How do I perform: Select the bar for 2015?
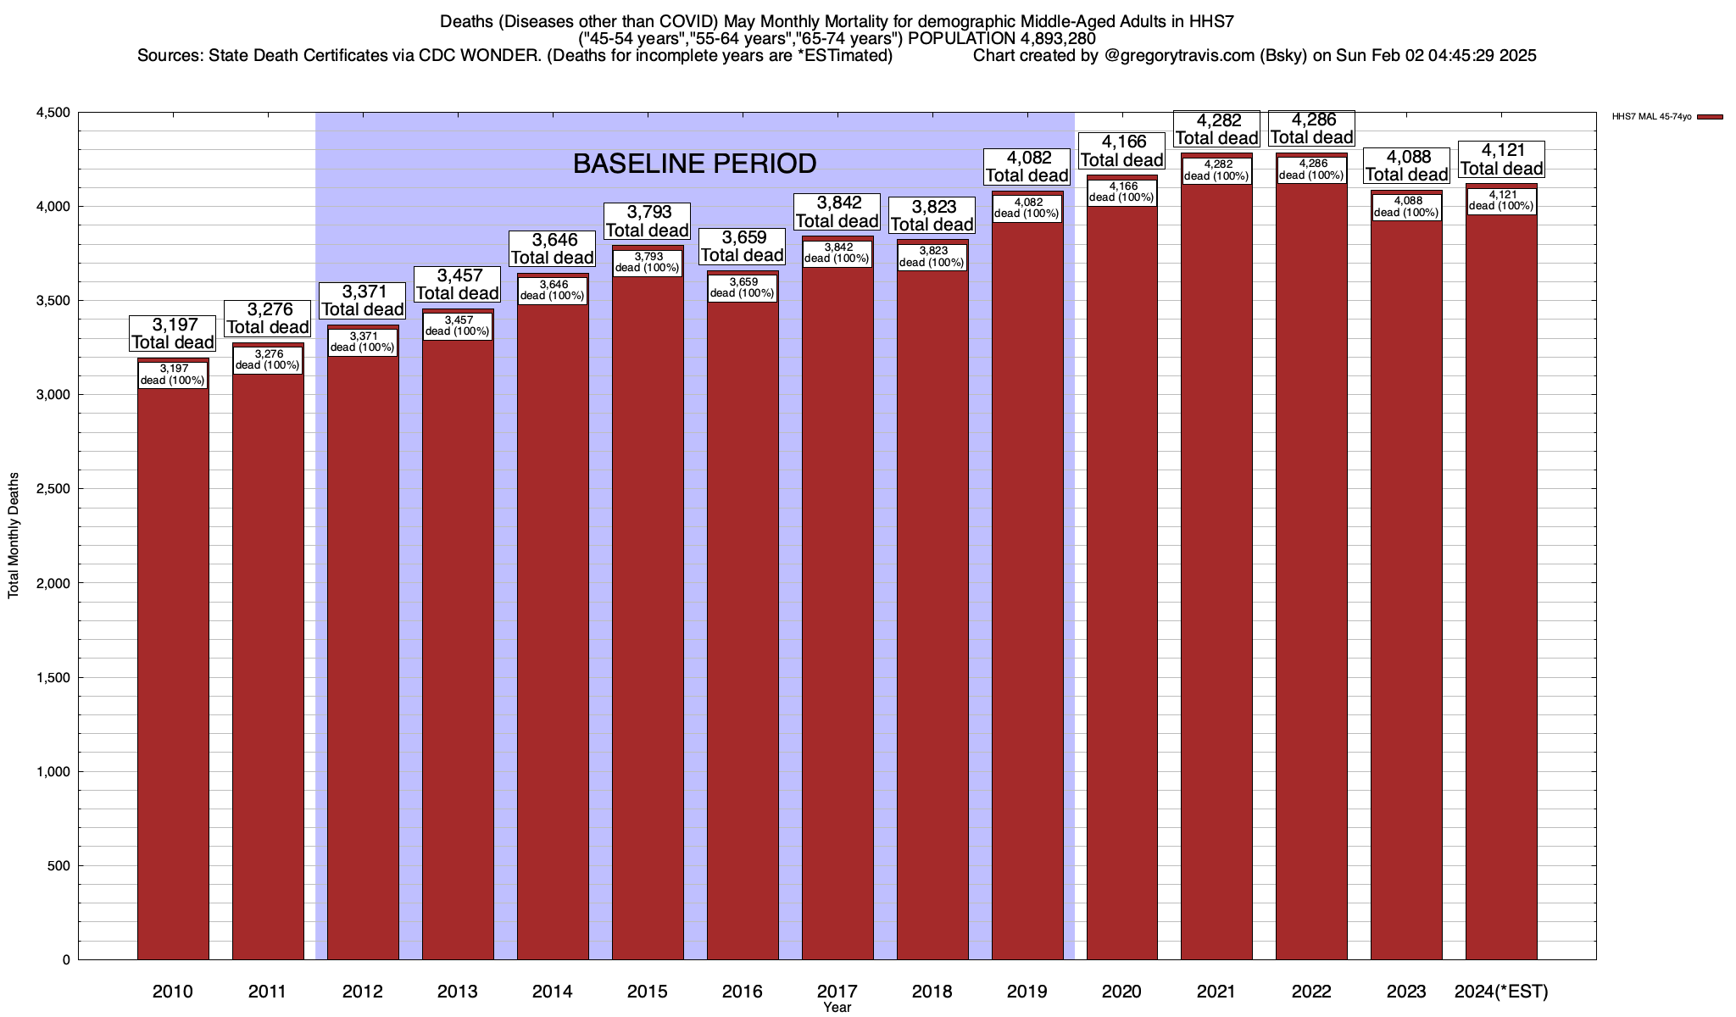click(648, 610)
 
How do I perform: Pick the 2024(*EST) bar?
click(1501, 585)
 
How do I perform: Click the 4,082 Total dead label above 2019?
click(1027, 167)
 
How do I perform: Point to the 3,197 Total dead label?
click(173, 334)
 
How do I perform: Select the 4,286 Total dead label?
click(1311, 129)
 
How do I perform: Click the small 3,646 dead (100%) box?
click(553, 290)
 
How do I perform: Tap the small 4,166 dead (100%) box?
click(1122, 192)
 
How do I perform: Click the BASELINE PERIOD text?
click(694, 164)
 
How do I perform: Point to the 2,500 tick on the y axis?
click(53, 489)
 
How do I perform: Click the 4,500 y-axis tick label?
click(53, 113)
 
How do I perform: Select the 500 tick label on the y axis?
click(60, 865)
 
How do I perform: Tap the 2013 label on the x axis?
click(458, 992)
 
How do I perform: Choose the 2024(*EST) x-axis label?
click(1501, 992)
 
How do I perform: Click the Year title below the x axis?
click(837, 1008)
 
